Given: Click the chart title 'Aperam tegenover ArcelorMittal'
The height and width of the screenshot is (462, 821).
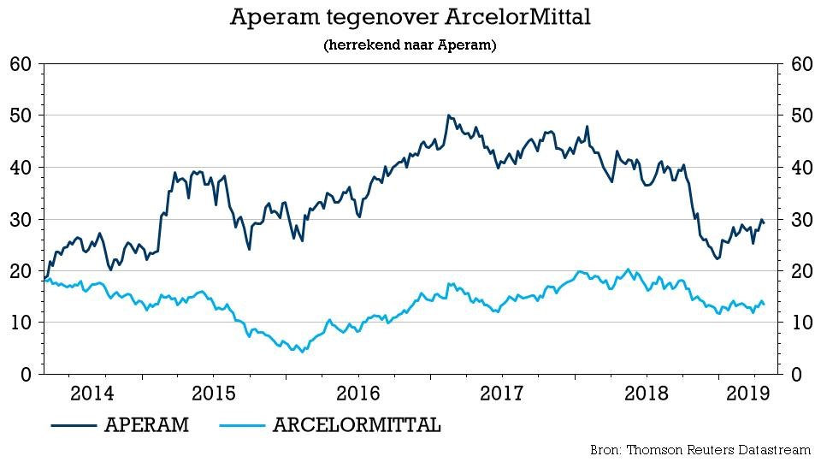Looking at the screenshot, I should (x=410, y=17).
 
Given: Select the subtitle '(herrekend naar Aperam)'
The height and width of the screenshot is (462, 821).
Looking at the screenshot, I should (x=410, y=44).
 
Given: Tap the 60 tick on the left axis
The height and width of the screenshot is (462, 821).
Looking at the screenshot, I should (x=21, y=64).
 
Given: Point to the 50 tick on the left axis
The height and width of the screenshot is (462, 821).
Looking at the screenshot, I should (x=21, y=115).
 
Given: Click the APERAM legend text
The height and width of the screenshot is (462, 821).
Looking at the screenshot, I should (x=146, y=425).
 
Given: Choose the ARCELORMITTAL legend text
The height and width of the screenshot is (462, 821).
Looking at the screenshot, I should (x=357, y=425).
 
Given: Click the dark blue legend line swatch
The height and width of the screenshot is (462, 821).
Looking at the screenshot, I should (x=73, y=425).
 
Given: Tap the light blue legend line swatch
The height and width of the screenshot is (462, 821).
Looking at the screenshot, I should (x=241, y=425).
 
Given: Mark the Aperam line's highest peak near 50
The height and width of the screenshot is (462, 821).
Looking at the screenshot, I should (x=448, y=115).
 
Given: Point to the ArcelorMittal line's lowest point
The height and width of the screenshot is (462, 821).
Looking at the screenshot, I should (x=298, y=352).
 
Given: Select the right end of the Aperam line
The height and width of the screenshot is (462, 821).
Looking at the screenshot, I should (x=764, y=223).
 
